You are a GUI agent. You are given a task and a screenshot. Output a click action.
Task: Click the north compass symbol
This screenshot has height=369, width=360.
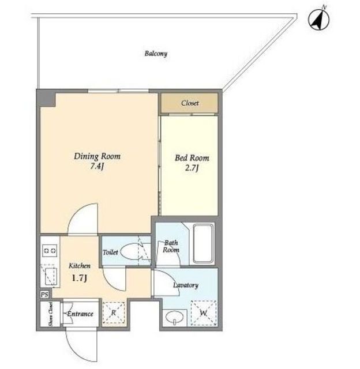tap(319, 19)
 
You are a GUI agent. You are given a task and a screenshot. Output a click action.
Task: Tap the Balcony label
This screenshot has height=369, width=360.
tap(156, 54)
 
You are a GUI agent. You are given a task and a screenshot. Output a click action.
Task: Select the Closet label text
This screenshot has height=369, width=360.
tap(190, 103)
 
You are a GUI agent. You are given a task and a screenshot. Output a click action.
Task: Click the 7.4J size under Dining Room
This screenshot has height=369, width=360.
tap(97, 167)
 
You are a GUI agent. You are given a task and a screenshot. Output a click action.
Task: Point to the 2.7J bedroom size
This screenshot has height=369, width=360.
tap(192, 168)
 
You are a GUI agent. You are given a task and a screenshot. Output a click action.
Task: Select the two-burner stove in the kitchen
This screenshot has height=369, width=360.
tap(50, 251)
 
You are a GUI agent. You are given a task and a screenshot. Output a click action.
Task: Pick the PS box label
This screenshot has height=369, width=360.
tap(44, 295)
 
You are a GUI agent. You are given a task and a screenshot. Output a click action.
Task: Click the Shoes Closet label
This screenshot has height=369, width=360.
tap(50, 314)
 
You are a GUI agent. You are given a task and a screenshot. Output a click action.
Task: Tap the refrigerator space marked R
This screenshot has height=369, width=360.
tap(114, 312)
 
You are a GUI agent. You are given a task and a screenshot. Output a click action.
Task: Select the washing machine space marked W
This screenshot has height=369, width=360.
tap(204, 313)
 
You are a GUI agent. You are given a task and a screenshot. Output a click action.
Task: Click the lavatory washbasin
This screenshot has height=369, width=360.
tap(174, 317)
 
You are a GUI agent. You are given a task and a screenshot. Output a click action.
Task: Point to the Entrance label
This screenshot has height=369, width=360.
tap(80, 314)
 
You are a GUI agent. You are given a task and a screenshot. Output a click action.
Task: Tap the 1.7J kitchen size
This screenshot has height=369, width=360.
tap(80, 278)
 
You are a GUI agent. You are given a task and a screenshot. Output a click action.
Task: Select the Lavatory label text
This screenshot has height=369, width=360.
tap(186, 285)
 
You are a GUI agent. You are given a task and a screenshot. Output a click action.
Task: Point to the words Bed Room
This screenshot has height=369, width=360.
tap(192, 157)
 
